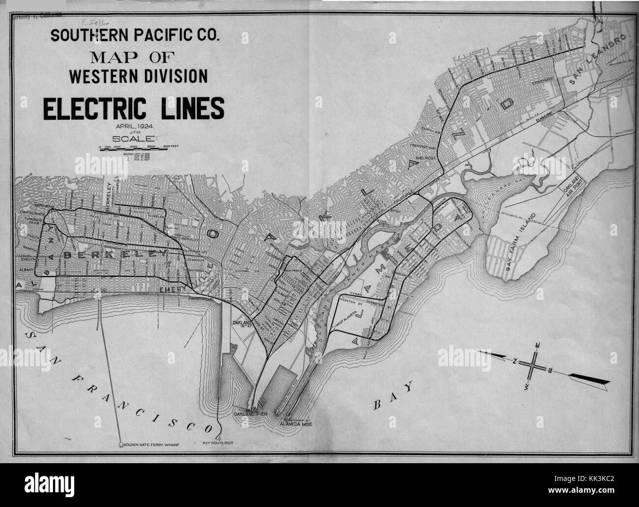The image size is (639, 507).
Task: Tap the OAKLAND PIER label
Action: click(251, 415)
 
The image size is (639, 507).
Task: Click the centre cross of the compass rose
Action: click(534, 366)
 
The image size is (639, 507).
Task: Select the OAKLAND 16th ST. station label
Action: click(243, 324)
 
